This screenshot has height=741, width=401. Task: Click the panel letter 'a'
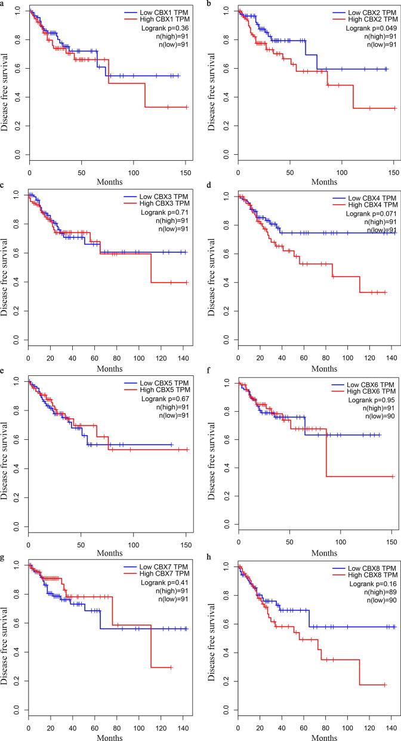2,4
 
